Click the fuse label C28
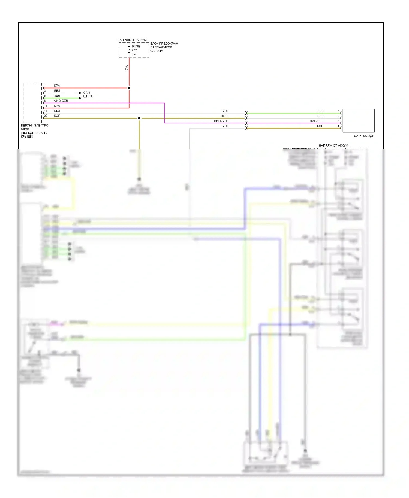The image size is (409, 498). pos(135,50)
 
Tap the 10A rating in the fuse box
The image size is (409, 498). pos(135,54)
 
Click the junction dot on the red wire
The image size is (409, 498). pos(129,88)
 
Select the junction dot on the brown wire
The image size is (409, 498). pos(139,118)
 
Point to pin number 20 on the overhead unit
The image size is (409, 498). pos(46,116)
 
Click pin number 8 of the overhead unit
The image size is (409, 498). pos(45,101)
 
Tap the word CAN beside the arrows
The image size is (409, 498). pos(86,93)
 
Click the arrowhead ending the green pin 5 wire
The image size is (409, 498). pos(80,98)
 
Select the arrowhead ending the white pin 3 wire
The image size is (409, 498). pos(80,93)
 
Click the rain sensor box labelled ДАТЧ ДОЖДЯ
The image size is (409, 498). pos(358,120)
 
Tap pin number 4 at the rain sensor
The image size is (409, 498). pos(339,126)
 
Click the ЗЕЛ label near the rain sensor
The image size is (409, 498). pos(320,111)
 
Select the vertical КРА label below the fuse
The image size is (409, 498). pos(127,68)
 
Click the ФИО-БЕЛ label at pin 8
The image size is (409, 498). pos(61,101)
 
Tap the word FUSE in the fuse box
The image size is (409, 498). pos(136,47)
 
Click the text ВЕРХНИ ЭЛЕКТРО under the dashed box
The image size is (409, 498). pos(35,126)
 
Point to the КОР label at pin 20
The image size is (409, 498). pos(57,116)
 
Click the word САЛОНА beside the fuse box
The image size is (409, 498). pos(157,51)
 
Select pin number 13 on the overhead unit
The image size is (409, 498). pos(46,111)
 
